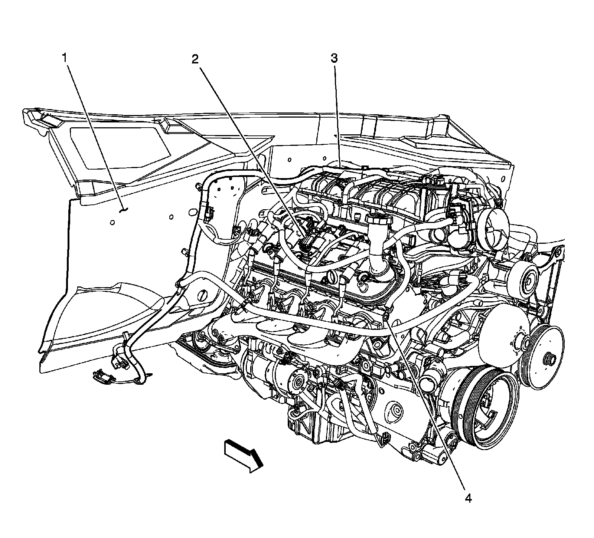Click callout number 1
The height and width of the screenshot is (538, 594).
pyautogui.click(x=65, y=58)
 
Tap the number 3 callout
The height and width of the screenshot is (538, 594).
pyautogui.click(x=334, y=58)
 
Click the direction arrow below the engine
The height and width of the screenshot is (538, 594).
pyautogui.click(x=243, y=455)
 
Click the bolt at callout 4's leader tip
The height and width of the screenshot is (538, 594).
pyautogui.click(x=386, y=316)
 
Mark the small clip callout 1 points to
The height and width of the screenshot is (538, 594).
pyautogui.click(x=124, y=210)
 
